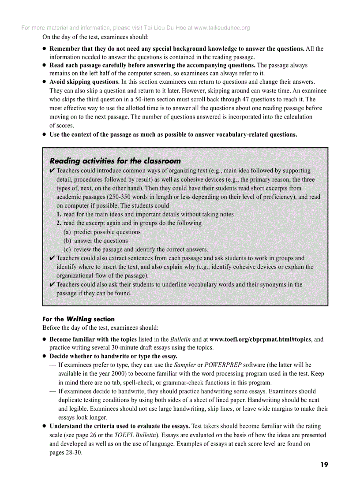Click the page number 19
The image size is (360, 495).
click(324, 464)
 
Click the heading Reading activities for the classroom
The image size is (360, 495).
click(115, 161)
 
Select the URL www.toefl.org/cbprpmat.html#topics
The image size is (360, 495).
click(261, 339)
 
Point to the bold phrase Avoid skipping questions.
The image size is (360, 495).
click(84, 82)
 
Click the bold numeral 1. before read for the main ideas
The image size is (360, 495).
click(59, 214)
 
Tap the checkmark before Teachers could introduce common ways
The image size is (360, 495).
click(52, 171)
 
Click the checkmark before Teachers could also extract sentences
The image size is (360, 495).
click(52, 258)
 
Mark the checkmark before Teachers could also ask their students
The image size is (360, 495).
click(52, 285)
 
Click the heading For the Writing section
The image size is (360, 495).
click(78, 319)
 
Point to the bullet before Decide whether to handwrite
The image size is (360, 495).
click(45, 357)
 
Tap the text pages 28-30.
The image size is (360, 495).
click(66, 453)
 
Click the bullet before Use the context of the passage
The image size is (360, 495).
click(45, 135)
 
